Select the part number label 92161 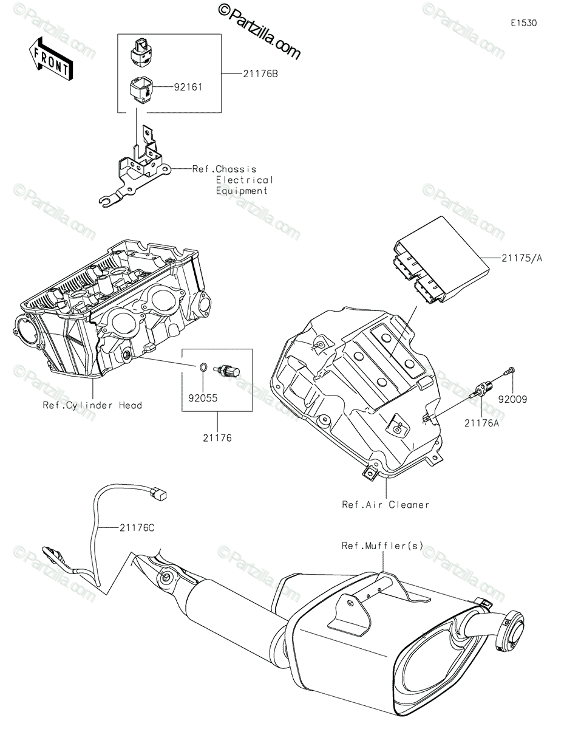[x=187, y=87]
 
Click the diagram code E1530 [x=523, y=23]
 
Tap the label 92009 [x=513, y=400]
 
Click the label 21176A [x=481, y=423]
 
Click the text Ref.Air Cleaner [x=386, y=504]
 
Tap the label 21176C [x=137, y=527]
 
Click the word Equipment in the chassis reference [x=242, y=191]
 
